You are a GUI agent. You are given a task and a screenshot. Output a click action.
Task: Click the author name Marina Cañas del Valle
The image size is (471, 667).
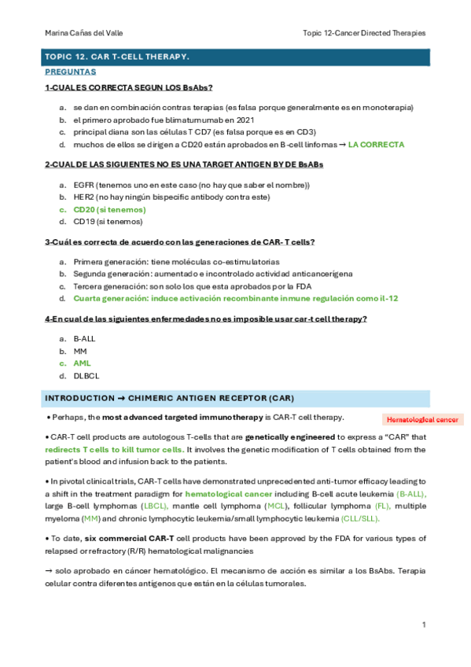84,33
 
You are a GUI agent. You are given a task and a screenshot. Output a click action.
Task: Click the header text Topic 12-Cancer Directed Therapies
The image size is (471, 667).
364,33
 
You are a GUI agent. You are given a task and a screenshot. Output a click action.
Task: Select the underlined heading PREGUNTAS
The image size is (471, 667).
70,71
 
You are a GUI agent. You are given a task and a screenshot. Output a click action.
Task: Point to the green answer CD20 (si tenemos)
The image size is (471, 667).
109,210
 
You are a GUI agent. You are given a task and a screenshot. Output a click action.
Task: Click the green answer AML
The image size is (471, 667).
82,363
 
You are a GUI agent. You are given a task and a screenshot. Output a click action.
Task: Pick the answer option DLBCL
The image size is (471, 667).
86,376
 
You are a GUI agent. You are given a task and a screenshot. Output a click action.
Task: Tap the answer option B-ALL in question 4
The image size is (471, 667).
85,338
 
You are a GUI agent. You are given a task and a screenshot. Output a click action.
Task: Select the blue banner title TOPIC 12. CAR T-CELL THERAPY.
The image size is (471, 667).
118,57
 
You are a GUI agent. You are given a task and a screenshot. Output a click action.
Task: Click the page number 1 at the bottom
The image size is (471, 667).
423,625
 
